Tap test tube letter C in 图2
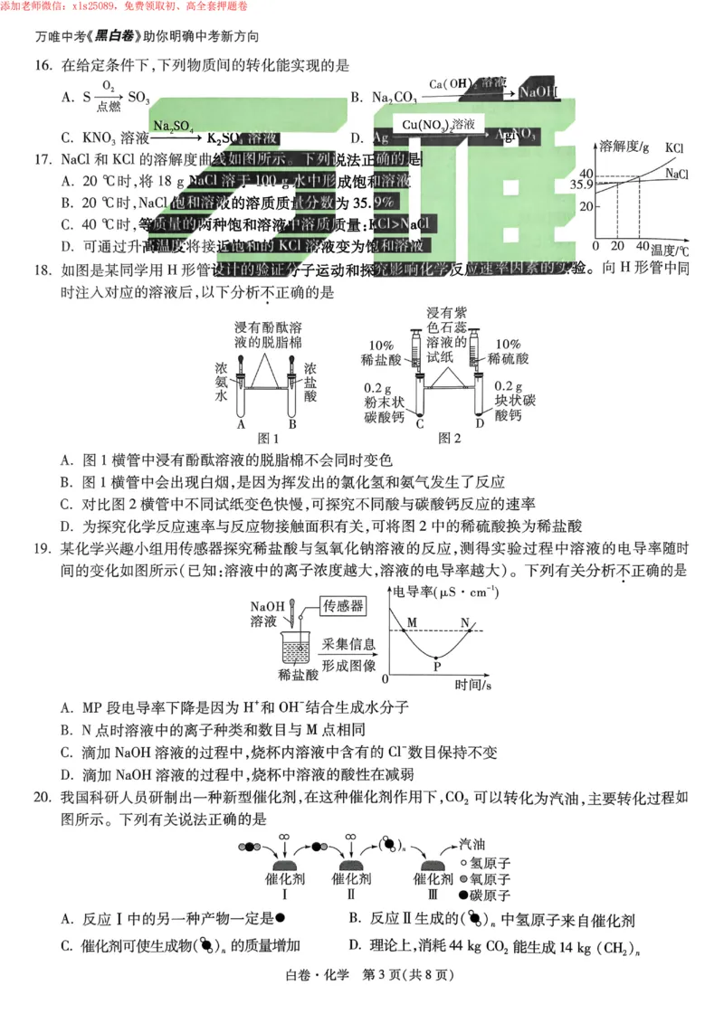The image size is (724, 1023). pos(420,421)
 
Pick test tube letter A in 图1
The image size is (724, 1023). pos(241,422)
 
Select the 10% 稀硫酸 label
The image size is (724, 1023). pos(508,353)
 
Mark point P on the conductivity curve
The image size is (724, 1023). pos(437,666)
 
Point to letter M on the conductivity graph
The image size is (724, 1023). pos(412,622)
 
